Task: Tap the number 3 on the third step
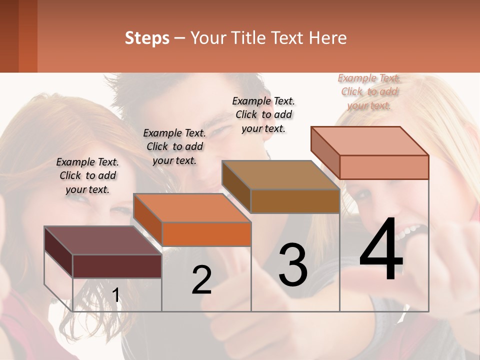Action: [292, 265]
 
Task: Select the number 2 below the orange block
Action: [201, 280]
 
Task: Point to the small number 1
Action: [116, 295]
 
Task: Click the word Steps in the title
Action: [147, 37]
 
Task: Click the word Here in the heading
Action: [328, 37]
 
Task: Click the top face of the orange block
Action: [192, 207]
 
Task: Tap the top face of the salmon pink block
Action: [370, 141]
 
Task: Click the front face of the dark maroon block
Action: [117, 266]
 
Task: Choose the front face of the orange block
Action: [206, 234]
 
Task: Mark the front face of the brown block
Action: [295, 201]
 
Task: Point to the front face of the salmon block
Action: [384, 167]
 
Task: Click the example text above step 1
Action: [88, 175]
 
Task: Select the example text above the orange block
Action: [174, 146]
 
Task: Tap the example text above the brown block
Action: [263, 114]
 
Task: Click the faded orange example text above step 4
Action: [369, 91]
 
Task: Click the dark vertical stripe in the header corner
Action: [9, 36]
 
